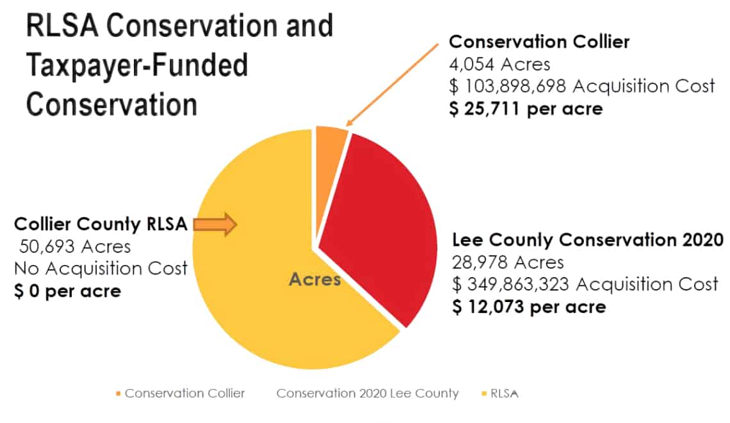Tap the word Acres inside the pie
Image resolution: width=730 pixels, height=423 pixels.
(x=314, y=280)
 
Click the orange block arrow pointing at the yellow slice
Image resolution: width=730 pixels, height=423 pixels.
(x=215, y=224)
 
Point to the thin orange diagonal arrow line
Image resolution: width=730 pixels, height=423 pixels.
(x=392, y=84)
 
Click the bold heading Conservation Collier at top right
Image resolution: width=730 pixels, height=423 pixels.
(x=539, y=42)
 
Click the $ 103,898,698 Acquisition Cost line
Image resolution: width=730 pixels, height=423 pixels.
(x=581, y=86)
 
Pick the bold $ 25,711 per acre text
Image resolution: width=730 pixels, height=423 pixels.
(x=525, y=108)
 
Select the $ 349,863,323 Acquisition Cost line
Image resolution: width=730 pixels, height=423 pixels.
(x=585, y=283)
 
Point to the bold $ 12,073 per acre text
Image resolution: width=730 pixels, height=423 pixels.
(x=529, y=307)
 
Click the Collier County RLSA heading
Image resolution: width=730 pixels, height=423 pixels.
(x=101, y=225)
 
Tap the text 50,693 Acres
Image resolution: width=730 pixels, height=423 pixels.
(x=75, y=246)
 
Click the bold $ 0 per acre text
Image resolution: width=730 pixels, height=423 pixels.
(x=67, y=291)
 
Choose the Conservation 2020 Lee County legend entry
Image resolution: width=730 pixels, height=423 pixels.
(x=367, y=393)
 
